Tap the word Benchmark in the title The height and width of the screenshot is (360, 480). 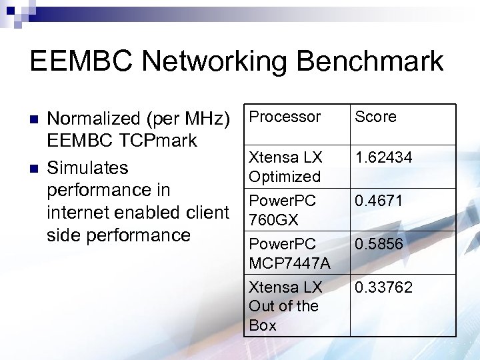[x=370, y=61]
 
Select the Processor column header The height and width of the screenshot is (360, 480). [x=285, y=117]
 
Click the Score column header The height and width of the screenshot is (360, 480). [x=375, y=117]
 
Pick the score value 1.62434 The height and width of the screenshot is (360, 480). [x=383, y=157]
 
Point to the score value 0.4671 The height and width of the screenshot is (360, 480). [x=379, y=201]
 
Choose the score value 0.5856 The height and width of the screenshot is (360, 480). [x=379, y=244]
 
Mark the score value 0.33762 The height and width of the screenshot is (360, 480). [x=383, y=287]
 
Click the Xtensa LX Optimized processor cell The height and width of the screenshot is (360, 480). [x=285, y=167]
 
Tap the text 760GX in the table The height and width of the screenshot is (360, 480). [x=273, y=219]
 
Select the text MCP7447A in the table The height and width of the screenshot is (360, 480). [x=289, y=263]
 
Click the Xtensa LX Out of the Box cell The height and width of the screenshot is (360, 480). [x=285, y=306]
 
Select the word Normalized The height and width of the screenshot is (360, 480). [x=93, y=119]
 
